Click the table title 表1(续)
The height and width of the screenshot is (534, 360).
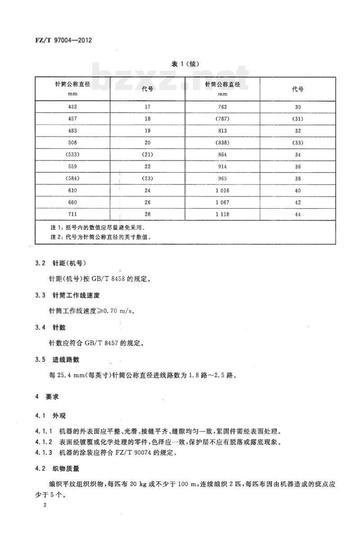[185, 64]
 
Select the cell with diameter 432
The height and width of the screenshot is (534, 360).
[72, 107]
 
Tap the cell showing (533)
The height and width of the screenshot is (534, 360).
[72, 154]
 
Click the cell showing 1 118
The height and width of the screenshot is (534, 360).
[222, 214]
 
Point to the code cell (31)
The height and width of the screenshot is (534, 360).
[297, 119]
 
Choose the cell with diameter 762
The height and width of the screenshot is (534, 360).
[222, 107]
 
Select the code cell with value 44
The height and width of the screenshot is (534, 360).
[297, 215]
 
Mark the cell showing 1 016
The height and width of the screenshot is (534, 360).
[222, 191]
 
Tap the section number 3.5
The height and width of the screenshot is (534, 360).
[40, 359]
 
